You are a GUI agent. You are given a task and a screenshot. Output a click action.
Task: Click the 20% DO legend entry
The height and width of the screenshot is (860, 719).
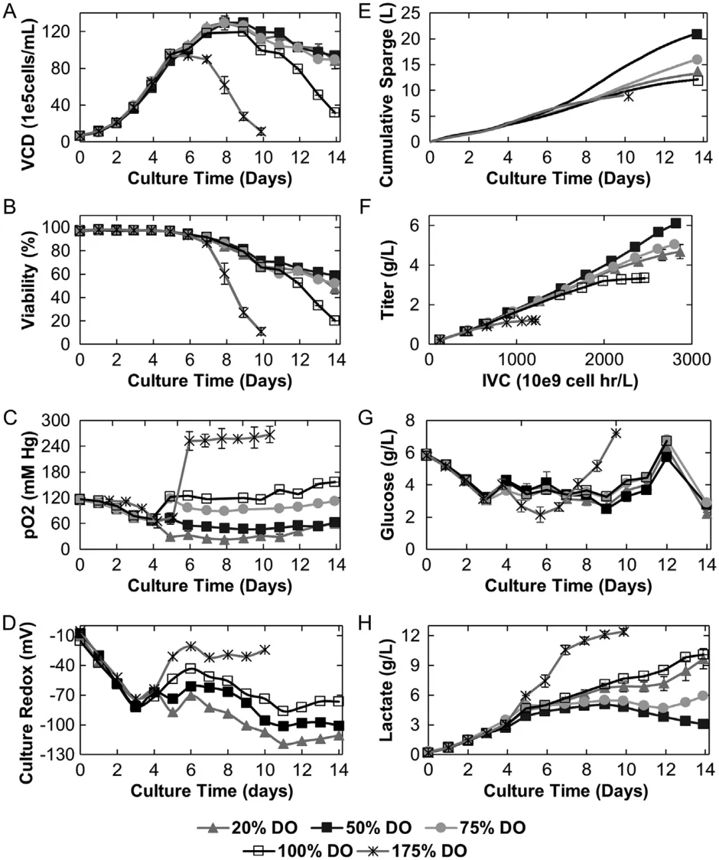click(x=248, y=828)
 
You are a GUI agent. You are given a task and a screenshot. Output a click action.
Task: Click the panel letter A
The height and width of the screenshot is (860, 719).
click(x=9, y=12)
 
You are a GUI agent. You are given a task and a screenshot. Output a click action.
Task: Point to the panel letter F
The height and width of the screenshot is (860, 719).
click(x=364, y=208)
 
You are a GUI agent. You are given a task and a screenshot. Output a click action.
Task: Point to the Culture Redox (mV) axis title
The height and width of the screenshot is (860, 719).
click(x=28, y=699)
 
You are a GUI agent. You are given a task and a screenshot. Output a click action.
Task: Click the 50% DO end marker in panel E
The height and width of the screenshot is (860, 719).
click(x=696, y=34)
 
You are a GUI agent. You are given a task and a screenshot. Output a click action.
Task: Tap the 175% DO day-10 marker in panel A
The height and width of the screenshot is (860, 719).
click(x=261, y=132)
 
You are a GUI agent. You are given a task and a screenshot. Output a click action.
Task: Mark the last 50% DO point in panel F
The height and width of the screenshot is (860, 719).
click(x=675, y=223)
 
